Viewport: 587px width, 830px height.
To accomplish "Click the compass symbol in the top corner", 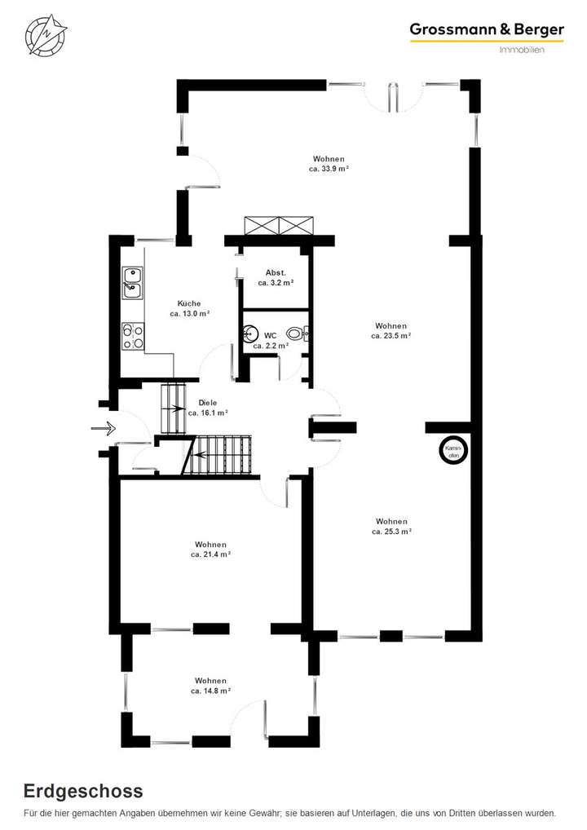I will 46,34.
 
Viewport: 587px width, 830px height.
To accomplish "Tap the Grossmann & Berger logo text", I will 486,30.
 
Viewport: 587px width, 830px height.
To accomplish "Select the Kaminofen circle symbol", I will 454,450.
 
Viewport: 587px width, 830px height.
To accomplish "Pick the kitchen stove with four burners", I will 133,336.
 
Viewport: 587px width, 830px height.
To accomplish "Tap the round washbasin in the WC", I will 249,333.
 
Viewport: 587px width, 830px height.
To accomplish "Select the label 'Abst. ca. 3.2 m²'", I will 275,278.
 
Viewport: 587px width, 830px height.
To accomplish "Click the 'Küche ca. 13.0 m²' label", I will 189,308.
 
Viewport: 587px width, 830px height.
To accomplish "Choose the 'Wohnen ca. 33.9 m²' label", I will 329,164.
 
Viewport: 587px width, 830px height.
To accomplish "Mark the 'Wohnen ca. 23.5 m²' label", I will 391,330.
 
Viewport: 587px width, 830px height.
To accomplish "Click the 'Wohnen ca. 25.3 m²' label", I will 391,526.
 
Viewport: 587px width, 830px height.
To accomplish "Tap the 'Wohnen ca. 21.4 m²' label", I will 210,550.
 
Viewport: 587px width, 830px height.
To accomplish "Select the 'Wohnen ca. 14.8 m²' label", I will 210,685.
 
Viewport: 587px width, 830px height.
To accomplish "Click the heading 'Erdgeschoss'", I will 83,790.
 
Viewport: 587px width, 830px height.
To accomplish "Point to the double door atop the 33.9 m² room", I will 393,95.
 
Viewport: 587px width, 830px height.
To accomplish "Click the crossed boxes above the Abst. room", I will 280,226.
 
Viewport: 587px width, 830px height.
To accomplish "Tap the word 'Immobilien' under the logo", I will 521,51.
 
